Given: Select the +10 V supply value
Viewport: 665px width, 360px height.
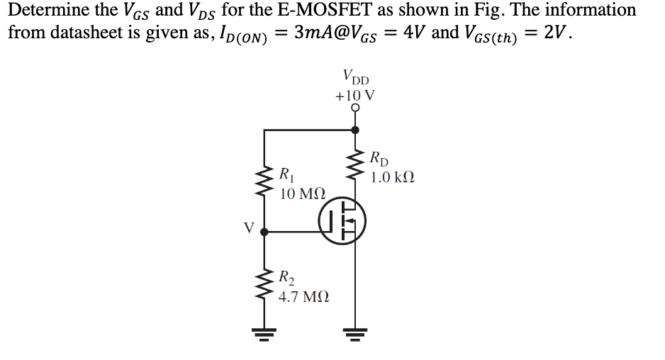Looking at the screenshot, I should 355,94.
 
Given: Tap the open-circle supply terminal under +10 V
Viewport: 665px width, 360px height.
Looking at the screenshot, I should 355,108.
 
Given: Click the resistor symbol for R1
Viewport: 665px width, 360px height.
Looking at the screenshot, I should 264,181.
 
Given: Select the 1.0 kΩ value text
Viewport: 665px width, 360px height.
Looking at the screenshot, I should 391,176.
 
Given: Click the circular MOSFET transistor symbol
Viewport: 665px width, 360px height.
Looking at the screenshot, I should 342,223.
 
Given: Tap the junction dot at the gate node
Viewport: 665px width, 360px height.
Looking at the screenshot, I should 264,231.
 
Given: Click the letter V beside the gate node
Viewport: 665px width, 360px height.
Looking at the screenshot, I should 248,227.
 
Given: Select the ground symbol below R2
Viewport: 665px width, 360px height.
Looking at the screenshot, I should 264,331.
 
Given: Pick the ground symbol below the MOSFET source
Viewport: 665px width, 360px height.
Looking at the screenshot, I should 355,331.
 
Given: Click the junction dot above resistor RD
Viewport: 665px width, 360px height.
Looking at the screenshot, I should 355,130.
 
